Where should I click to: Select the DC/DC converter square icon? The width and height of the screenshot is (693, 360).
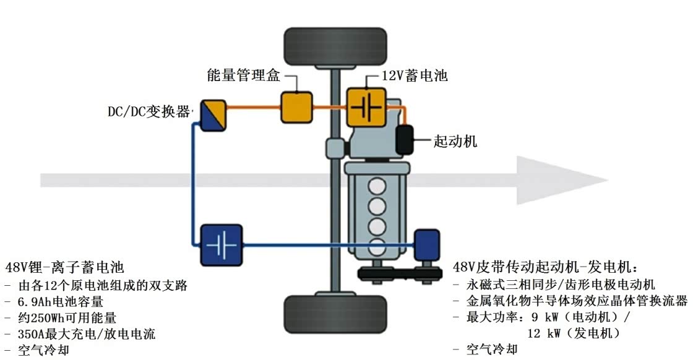[212, 115]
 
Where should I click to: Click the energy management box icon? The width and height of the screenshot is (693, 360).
[297, 107]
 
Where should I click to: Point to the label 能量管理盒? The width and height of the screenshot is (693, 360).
[244, 75]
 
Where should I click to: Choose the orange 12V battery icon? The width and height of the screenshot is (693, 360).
[364, 107]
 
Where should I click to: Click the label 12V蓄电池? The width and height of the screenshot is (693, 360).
[414, 75]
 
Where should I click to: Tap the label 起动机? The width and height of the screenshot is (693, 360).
[455, 141]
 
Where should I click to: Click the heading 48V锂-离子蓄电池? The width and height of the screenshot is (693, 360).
[65, 268]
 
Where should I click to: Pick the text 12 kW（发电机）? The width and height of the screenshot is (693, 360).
[574, 333]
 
